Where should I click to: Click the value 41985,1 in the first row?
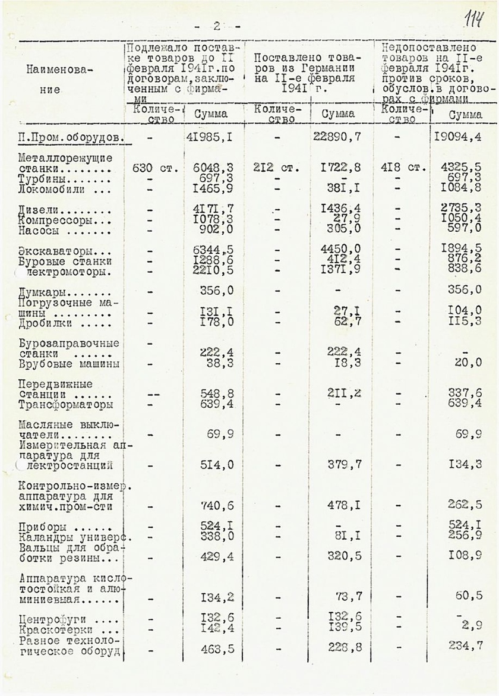tap(207, 138)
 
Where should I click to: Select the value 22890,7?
tap(336, 137)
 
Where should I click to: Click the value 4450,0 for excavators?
tap(339, 248)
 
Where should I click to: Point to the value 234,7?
tap(465, 645)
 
